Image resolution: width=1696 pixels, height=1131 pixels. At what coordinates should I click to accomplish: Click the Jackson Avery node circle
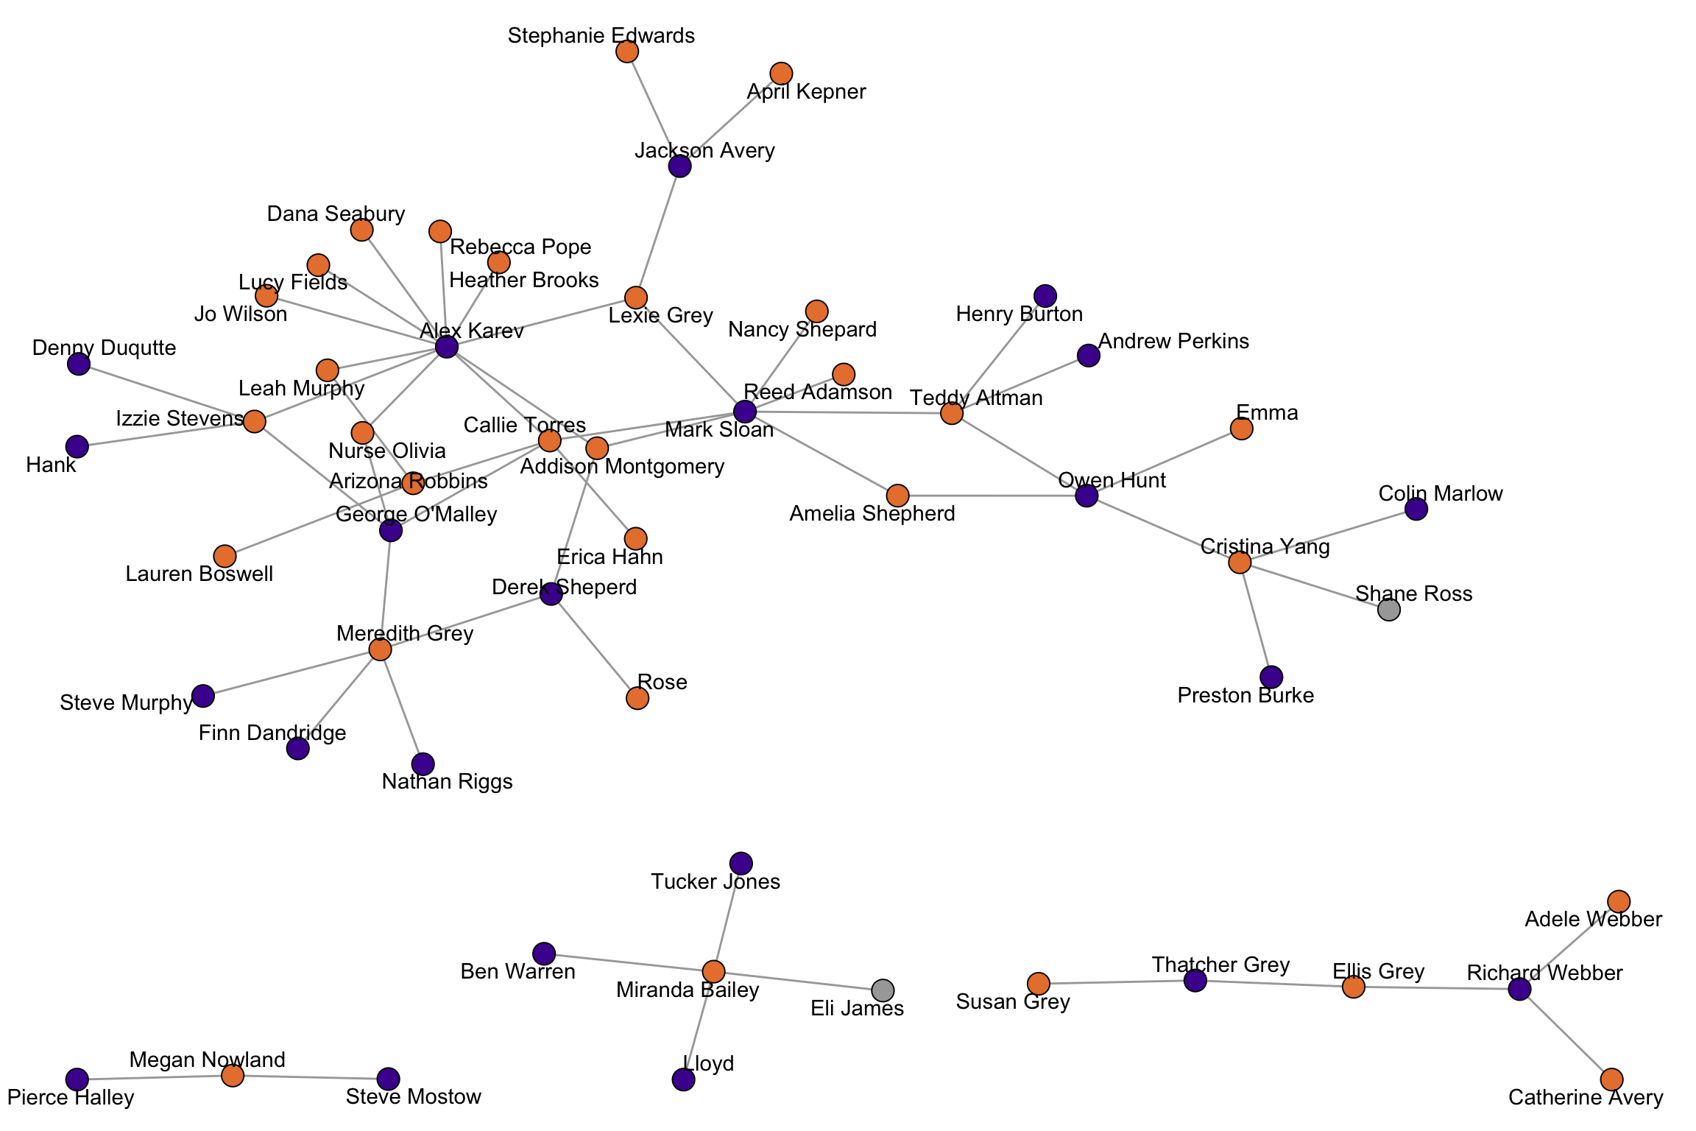679,166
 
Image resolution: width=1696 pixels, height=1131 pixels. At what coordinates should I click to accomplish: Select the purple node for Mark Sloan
745,412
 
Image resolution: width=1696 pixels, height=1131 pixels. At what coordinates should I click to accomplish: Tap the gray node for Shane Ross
1388,610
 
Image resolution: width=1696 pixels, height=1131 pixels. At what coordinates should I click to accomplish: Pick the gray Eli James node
883,990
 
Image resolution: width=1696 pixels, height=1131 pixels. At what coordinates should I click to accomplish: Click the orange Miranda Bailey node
713,972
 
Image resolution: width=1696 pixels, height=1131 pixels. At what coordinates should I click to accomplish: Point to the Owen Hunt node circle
1086,496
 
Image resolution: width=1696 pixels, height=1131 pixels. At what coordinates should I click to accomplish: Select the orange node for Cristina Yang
1240,563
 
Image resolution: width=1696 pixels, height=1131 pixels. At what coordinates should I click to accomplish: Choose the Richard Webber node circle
1519,989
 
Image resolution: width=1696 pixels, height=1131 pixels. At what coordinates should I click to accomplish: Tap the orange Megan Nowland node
233,1076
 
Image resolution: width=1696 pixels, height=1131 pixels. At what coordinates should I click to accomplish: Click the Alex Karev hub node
447,347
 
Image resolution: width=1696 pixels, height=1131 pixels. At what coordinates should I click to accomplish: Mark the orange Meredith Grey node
380,649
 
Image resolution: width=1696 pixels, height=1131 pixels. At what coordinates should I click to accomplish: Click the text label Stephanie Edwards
601,35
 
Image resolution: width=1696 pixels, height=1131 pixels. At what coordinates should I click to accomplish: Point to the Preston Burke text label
1245,695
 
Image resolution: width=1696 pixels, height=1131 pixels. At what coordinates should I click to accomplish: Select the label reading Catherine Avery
1586,1098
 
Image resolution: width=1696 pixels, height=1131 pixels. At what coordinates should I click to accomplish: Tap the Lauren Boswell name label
199,574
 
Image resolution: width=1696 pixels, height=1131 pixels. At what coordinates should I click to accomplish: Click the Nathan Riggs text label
447,781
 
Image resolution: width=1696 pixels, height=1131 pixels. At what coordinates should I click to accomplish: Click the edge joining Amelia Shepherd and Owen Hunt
992,496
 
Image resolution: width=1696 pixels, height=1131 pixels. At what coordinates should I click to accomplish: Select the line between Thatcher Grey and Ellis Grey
1274,984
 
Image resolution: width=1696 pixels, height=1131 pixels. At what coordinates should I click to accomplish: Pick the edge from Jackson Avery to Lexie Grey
657,232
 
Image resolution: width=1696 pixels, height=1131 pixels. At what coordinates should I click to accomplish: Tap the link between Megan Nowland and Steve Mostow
311,1077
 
